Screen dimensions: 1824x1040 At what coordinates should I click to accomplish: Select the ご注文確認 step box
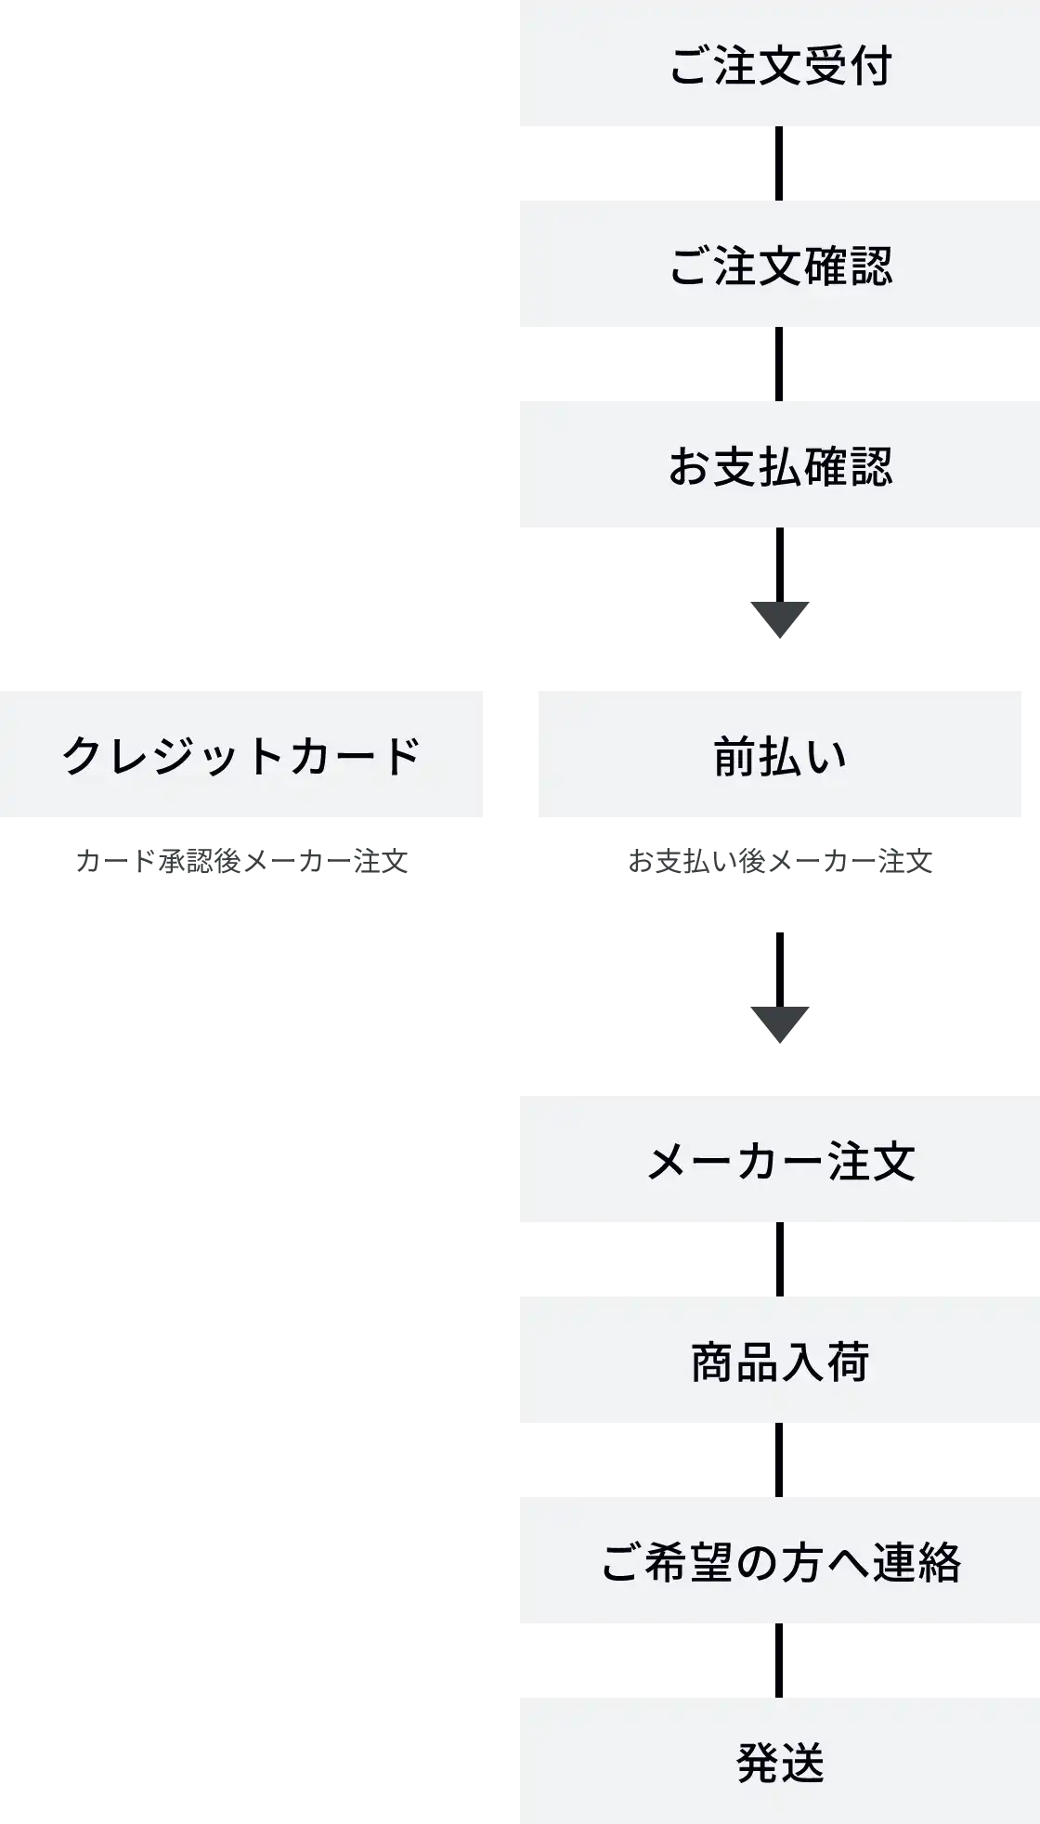click(x=779, y=264)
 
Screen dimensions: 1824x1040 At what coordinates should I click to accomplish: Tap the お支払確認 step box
click(x=779, y=464)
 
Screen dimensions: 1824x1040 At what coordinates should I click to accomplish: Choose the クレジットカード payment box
click(x=240, y=754)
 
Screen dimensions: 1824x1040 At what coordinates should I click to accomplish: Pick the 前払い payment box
click(x=779, y=754)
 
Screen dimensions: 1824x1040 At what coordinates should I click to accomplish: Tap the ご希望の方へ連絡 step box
click(x=779, y=1560)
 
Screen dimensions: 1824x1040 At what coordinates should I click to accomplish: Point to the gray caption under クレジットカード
click(x=241, y=863)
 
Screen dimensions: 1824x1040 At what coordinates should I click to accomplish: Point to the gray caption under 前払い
click(x=779, y=863)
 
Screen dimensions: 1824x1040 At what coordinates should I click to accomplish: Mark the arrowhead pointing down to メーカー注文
click(x=779, y=1023)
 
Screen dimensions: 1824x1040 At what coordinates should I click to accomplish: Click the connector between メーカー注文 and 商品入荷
click(x=779, y=1259)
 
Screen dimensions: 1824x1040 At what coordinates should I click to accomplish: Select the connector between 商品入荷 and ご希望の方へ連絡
click(x=779, y=1460)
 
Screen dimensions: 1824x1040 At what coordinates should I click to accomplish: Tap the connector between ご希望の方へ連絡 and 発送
click(x=779, y=1661)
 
